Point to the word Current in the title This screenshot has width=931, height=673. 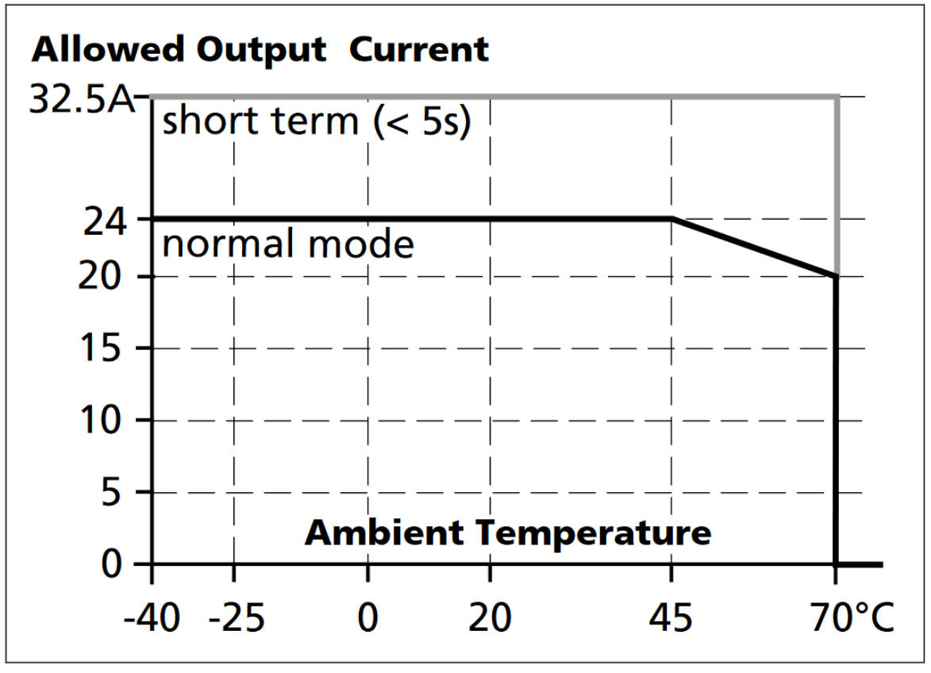pyautogui.click(x=419, y=50)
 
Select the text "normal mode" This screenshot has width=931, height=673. pyautogui.click(x=288, y=244)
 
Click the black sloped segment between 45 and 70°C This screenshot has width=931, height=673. pyautogui.click(x=754, y=247)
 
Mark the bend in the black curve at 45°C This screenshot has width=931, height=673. pyautogui.click(x=672, y=218)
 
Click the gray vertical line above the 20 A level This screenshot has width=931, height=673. pyautogui.click(x=837, y=187)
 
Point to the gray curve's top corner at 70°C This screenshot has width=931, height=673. pyautogui.click(x=837, y=97)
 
